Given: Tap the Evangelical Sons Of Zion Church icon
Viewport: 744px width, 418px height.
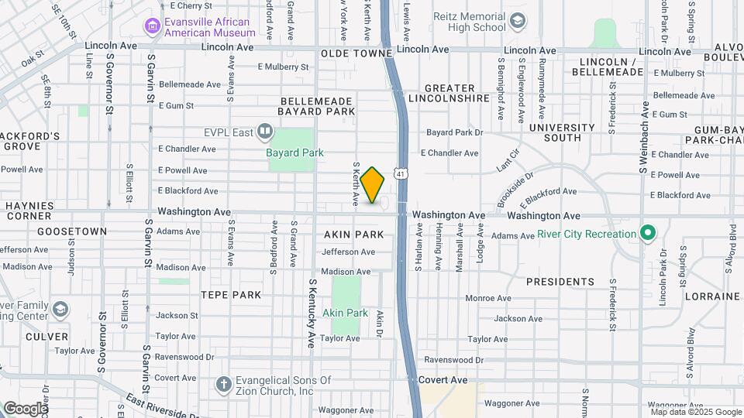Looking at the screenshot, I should tap(224, 385).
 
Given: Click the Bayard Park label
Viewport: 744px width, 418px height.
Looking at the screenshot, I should tap(294, 152).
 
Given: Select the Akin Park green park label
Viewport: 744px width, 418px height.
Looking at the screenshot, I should tap(345, 313).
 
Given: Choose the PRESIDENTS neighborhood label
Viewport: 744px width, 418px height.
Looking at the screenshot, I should tap(560, 282).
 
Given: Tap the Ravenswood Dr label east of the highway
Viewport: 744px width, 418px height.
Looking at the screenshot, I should tap(453, 360).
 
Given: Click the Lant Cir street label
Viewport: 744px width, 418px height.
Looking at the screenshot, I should tap(505, 162).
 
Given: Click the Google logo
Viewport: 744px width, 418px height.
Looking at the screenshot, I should tap(26, 408).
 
